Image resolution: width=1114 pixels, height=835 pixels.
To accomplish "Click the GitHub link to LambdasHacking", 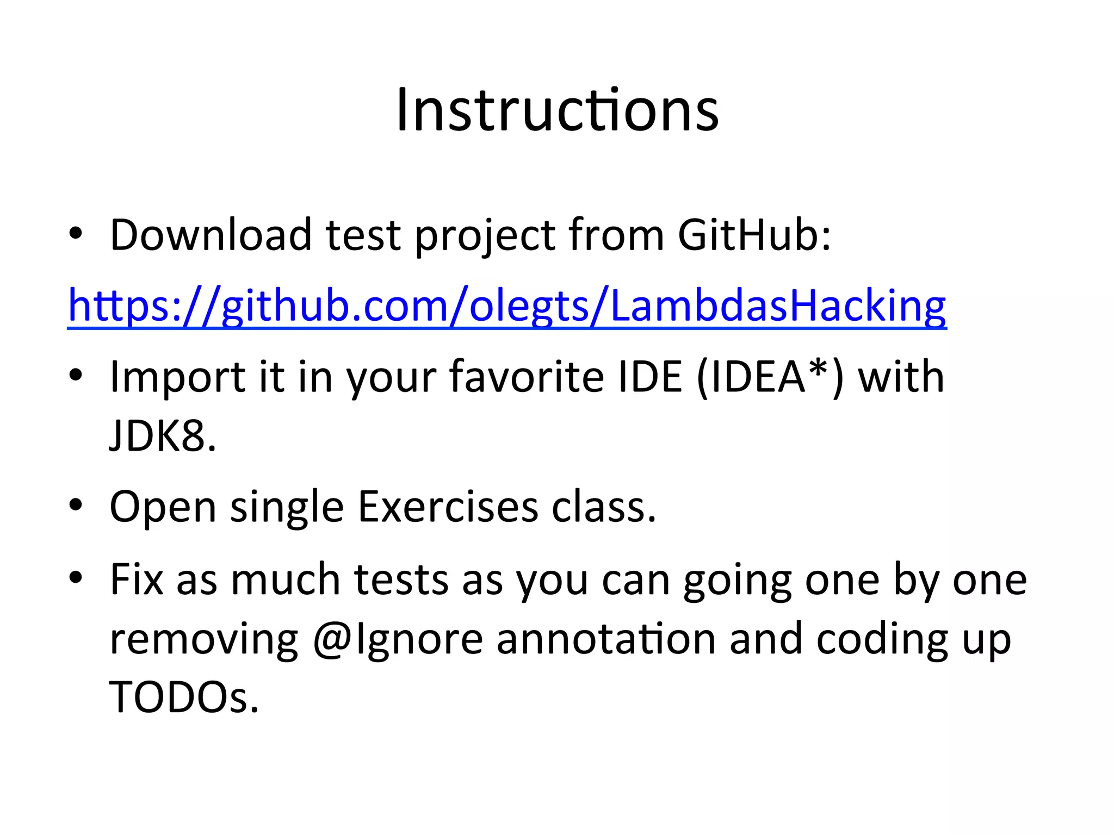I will click(507, 306).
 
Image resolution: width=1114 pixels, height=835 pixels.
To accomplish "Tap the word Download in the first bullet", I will click(211, 235).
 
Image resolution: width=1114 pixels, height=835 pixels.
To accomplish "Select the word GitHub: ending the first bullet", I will click(754, 235).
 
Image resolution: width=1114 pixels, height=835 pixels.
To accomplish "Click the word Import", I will click(177, 377).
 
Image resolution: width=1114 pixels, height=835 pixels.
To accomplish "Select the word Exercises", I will click(448, 507).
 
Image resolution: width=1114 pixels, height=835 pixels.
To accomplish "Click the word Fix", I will click(137, 579).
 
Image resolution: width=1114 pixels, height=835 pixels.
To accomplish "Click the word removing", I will click(204, 639).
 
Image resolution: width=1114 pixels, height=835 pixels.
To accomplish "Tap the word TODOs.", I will click(184, 697).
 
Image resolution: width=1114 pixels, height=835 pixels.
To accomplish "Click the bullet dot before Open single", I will click(76, 505).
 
